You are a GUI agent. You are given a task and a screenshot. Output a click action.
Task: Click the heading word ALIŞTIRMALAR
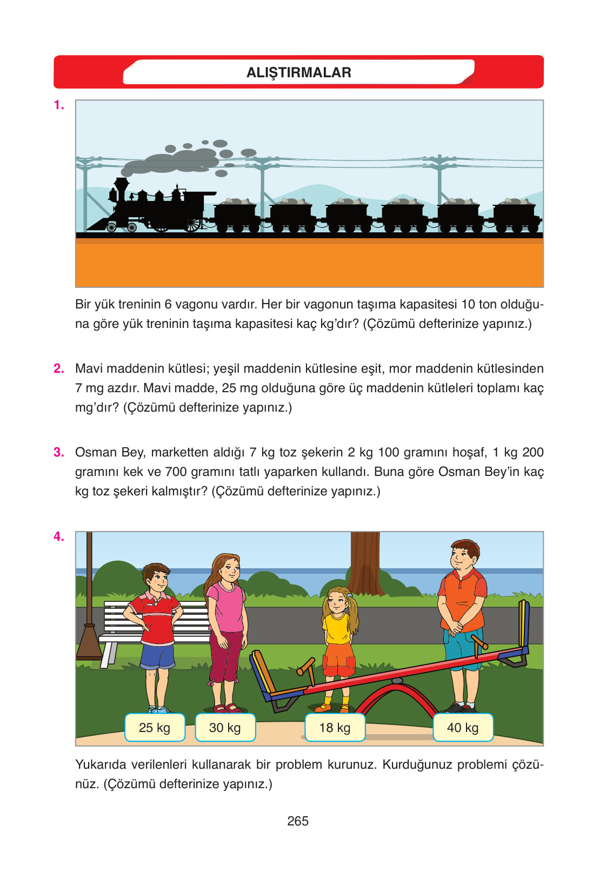299,72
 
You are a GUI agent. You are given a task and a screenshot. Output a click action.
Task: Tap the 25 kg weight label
155,727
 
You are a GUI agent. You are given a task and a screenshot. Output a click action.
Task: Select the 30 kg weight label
225,727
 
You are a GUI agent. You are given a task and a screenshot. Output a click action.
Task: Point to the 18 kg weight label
335,727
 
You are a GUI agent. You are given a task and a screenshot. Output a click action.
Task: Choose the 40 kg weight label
463,727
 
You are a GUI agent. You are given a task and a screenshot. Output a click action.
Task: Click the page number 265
298,821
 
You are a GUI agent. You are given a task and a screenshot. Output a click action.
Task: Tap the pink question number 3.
58,452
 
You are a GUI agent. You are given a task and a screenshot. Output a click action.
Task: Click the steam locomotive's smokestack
122,189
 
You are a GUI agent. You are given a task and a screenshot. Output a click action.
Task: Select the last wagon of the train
517,216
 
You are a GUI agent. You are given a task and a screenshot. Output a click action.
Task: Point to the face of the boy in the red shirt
157,579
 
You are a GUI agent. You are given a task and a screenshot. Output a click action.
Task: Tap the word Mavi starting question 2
89,368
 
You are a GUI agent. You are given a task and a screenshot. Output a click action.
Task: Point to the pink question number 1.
58,105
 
